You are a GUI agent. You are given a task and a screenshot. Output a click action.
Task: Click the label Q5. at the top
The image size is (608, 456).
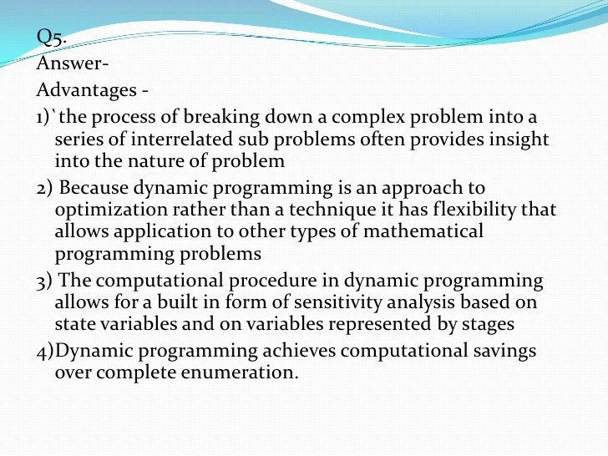tap(50, 37)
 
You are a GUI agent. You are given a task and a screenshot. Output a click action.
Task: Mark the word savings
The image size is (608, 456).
tap(501, 352)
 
